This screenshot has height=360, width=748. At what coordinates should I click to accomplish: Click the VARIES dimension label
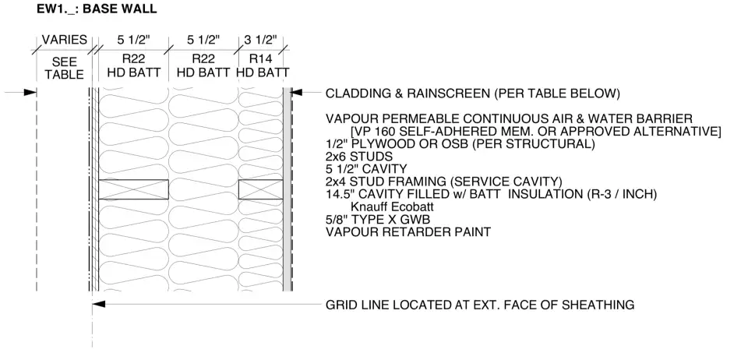[x=63, y=41]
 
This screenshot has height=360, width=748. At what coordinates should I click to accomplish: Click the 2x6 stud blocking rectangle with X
[x=133, y=189]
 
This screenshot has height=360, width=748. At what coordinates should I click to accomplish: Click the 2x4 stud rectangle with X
[x=260, y=189]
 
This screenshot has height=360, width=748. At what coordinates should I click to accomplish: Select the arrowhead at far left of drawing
[x=30, y=93]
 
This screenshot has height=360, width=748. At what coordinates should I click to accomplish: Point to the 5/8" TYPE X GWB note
[x=378, y=219]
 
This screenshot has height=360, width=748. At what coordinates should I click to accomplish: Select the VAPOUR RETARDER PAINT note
[x=414, y=232]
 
